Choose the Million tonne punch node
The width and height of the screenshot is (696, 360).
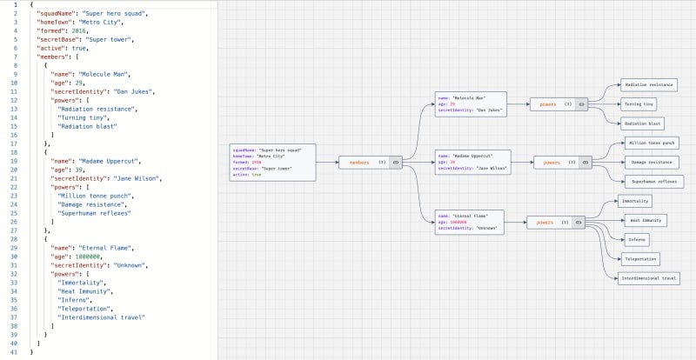(x=651, y=143)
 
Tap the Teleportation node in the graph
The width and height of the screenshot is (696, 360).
(x=640, y=258)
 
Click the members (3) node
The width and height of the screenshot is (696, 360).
(x=370, y=162)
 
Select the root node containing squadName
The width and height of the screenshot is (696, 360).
(x=272, y=162)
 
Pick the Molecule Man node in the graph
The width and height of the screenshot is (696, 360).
(x=469, y=104)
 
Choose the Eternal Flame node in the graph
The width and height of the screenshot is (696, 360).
(x=471, y=222)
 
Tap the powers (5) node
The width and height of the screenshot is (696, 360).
(x=558, y=222)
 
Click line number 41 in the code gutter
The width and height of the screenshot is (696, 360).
(x=16, y=352)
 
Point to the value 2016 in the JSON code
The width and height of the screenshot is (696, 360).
(x=80, y=30)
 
